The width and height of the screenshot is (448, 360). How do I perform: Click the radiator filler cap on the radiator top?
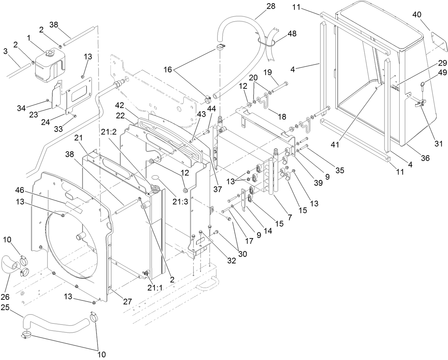point(156,189)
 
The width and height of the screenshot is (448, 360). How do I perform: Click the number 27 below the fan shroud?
point(127,302)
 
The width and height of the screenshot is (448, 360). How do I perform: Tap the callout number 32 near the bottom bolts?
point(231,261)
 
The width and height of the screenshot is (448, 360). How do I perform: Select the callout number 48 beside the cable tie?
point(291,34)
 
